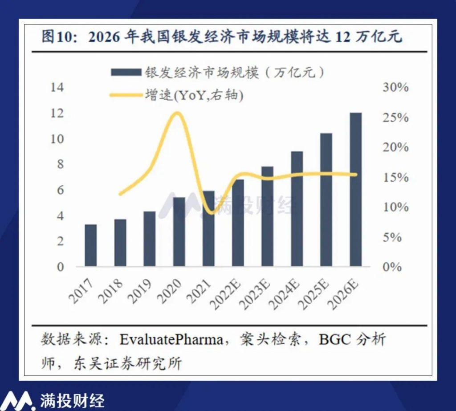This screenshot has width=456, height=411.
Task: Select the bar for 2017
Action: tap(91, 245)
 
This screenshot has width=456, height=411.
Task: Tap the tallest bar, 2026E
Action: tap(355, 189)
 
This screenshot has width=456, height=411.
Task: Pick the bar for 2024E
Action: tap(297, 209)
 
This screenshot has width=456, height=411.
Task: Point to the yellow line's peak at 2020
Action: tap(177, 113)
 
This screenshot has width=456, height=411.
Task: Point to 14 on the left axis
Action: tap(57, 87)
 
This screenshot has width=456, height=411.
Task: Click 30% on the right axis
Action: tap(395, 87)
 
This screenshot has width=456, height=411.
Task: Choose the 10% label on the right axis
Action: tap(395, 207)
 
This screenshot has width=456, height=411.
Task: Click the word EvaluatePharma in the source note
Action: tap(171, 340)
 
